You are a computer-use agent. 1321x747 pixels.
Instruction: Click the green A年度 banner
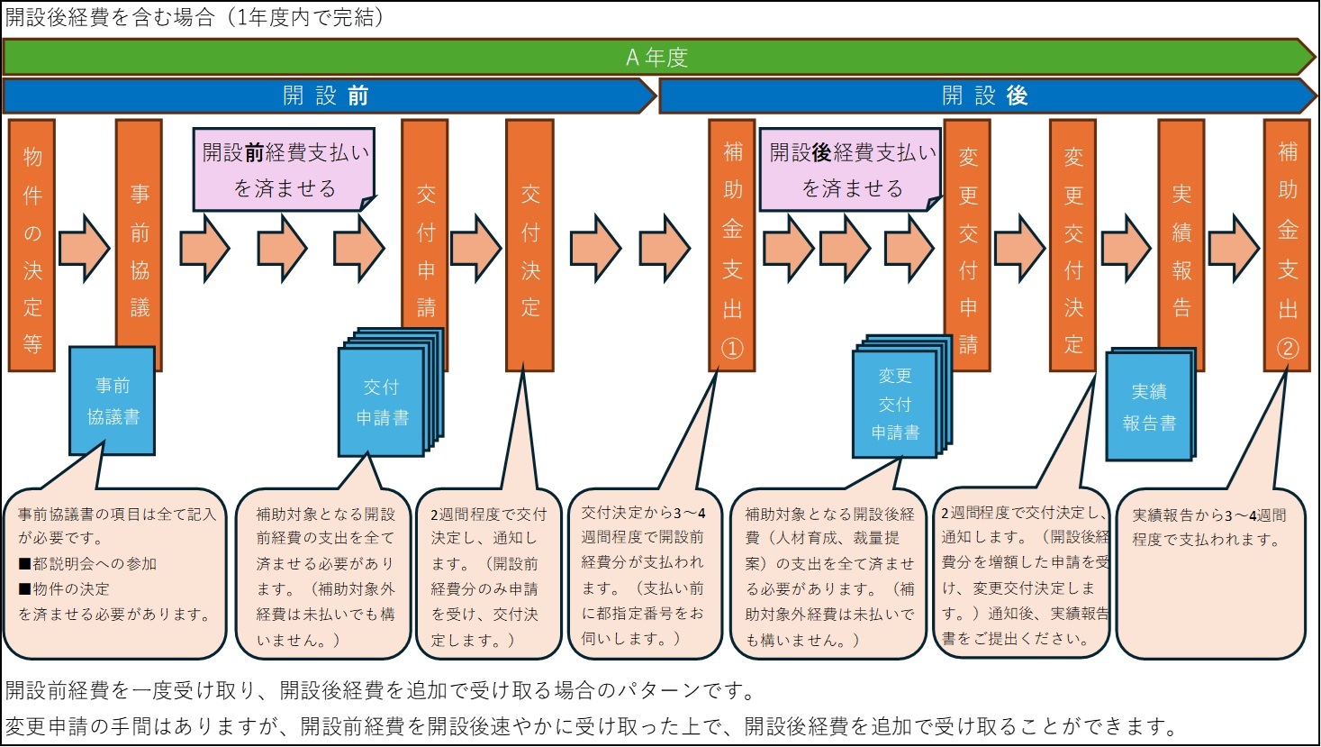pyautogui.click(x=657, y=57)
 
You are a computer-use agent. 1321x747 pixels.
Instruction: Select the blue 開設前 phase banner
pyautogui.click(x=326, y=96)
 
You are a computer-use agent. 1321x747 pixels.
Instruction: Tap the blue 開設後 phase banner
pyautogui.click(x=985, y=96)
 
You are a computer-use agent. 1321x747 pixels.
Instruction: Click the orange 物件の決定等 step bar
pyautogui.click(x=32, y=245)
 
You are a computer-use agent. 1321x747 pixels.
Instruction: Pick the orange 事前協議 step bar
pyautogui.click(x=140, y=234)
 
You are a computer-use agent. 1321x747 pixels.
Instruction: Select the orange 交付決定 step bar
pyautogui.click(x=530, y=245)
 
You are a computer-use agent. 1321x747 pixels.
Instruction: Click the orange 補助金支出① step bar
pyautogui.click(x=732, y=245)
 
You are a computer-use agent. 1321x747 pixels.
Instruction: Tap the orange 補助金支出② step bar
pyautogui.click(x=1288, y=245)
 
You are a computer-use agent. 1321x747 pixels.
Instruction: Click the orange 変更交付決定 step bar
pyautogui.click(x=1073, y=245)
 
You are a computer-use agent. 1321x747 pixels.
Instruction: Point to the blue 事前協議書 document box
pyautogui.click(x=113, y=401)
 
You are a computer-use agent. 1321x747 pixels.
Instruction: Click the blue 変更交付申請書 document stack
pyautogui.click(x=895, y=404)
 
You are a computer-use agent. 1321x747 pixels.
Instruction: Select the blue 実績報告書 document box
pyautogui.click(x=1149, y=406)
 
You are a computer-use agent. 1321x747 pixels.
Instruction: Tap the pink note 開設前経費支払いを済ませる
pyautogui.click(x=284, y=169)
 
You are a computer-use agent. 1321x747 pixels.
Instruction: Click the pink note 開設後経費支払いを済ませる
pyautogui.click(x=851, y=169)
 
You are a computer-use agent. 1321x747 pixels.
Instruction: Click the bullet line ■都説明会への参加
pyautogui.click(x=87, y=564)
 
